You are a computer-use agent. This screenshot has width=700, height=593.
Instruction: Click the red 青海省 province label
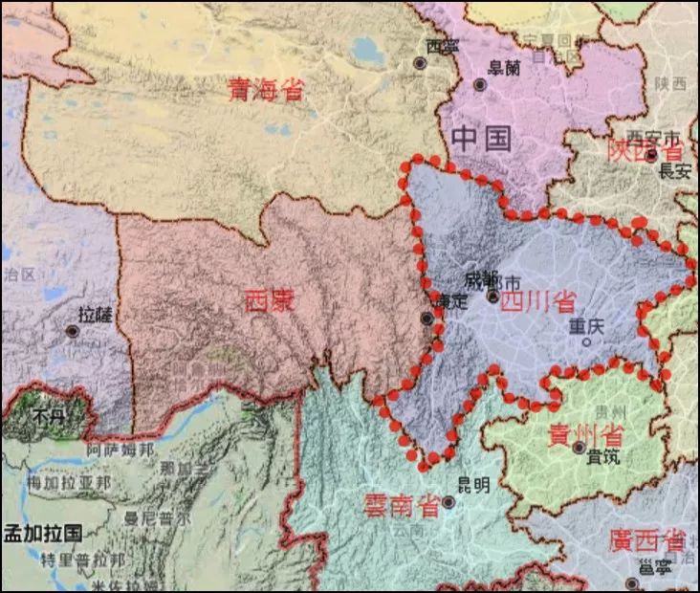click(265, 90)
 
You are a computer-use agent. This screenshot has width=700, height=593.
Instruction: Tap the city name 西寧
click(442, 46)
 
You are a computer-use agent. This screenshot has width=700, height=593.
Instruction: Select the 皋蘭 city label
click(504, 67)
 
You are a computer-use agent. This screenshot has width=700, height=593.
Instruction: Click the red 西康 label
click(270, 301)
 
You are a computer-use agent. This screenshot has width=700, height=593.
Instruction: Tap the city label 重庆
click(587, 326)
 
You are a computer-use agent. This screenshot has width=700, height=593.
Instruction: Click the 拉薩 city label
click(96, 314)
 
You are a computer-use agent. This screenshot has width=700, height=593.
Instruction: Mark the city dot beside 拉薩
click(73, 331)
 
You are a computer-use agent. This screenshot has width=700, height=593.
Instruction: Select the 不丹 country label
click(47, 416)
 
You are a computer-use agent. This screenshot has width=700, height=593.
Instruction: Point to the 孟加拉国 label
click(42, 533)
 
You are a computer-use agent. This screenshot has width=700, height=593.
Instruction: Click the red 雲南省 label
click(402, 505)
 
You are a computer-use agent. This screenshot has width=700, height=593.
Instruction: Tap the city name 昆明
click(471, 485)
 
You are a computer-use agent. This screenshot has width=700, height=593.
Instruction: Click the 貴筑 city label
click(603, 456)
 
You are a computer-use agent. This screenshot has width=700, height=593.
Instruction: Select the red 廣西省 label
click(646, 540)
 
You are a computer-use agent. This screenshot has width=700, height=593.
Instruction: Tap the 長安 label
click(674, 172)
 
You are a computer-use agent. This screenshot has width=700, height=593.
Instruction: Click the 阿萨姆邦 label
click(120, 450)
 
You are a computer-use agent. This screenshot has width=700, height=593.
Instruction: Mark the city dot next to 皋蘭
click(480, 84)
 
